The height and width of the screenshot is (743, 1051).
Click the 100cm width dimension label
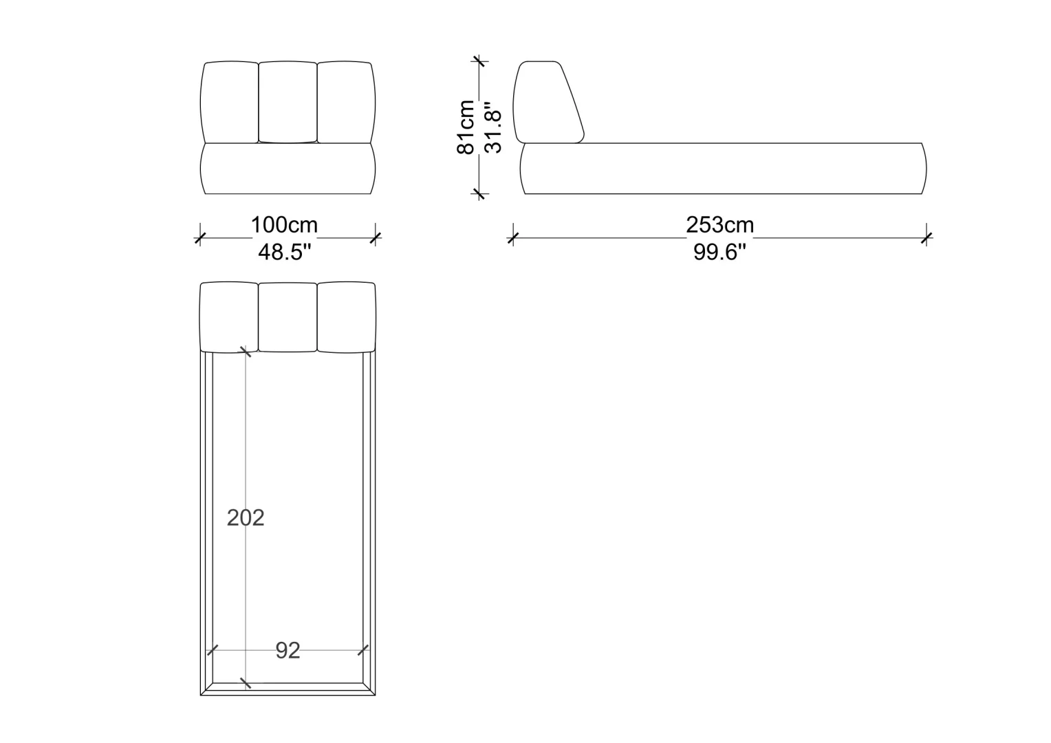point(284,225)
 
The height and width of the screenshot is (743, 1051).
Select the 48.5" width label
point(284,252)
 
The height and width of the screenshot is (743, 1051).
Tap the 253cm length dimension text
point(719,225)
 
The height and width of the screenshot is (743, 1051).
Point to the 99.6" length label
point(719,252)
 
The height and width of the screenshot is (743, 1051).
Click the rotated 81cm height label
point(466,127)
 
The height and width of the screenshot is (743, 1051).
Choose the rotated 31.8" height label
point(492,128)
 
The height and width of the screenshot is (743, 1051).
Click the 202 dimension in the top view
point(246,518)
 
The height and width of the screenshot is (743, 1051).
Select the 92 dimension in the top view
point(288,651)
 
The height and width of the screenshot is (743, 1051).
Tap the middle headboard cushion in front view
point(288,101)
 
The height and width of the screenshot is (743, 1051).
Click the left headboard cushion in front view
point(230,102)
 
